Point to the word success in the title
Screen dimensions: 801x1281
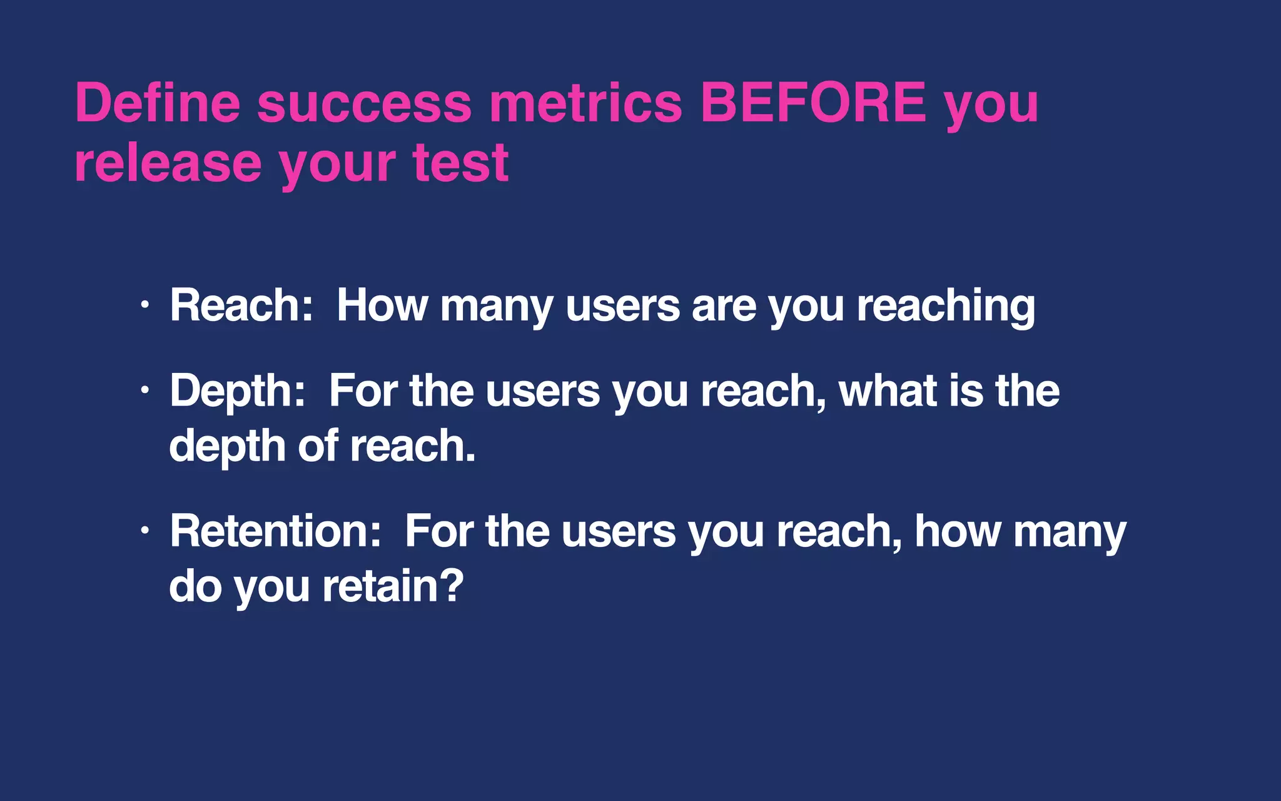364,104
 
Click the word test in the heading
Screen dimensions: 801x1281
460,163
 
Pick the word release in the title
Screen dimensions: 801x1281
168,163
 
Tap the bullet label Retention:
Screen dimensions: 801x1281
275,531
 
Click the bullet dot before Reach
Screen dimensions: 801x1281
145,305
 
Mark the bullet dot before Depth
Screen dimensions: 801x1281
145,390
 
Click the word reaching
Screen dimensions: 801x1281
946,307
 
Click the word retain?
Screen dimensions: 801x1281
393,586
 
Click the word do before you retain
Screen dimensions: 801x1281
195,586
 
